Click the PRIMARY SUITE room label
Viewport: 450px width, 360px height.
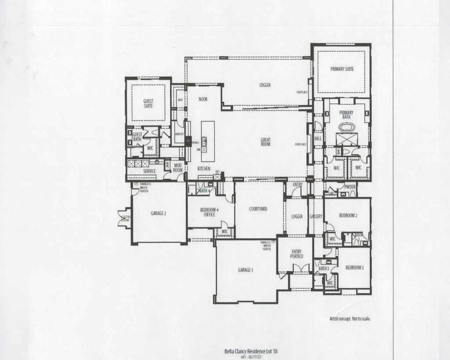342,69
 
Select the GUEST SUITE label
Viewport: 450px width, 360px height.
149,103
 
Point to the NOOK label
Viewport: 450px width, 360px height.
203,99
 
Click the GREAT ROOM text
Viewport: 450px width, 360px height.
265,142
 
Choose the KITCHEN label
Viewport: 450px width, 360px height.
203,169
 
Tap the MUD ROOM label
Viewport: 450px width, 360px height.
178,167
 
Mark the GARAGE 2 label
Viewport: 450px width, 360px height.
158,213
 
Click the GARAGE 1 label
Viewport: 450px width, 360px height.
245,270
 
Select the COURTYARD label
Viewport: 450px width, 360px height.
258,209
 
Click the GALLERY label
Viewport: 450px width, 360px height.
316,216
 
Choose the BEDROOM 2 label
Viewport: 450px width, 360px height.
348,216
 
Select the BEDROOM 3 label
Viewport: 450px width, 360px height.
354,267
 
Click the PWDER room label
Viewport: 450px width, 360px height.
350,187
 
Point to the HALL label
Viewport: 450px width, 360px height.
318,138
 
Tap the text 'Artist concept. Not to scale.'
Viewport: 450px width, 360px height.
350,319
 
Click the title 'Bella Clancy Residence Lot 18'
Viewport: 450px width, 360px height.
251,351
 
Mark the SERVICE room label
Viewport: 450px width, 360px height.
149,171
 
